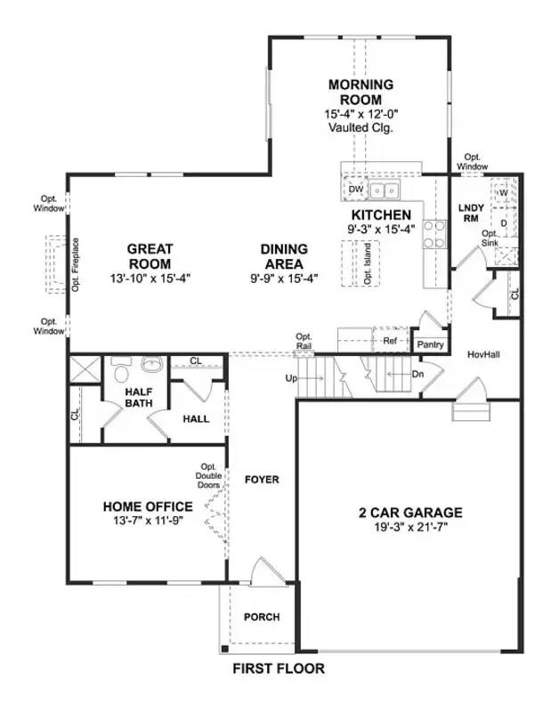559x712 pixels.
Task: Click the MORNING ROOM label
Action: click(x=361, y=93)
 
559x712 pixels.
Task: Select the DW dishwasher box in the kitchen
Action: click(x=355, y=190)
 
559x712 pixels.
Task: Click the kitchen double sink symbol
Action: click(x=385, y=190)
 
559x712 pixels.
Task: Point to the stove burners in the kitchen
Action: click(x=433, y=233)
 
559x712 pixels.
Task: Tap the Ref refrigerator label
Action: click(x=389, y=341)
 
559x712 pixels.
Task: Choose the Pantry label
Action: click(x=429, y=344)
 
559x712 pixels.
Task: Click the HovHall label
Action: click(x=483, y=354)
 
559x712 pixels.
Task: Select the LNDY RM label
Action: click(x=469, y=213)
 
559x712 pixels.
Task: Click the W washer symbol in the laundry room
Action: click(x=503, y=191)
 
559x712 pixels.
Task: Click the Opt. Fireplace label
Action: click(x=77, y=264)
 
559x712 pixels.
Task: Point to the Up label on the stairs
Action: click(x=289, y=378)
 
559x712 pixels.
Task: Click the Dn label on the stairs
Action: click(x=417, y=375)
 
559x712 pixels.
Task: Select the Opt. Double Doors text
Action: click(x=209, y=481)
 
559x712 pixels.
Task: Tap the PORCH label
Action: click(x=262, y=617)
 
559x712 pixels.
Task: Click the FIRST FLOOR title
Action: click(x=279, y=668)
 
